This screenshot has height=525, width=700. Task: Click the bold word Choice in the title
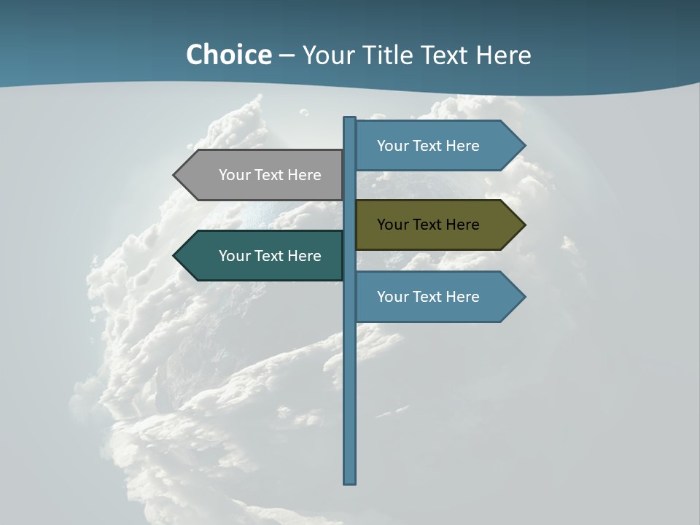(228, 55)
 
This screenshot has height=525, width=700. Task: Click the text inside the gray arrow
(270, 175)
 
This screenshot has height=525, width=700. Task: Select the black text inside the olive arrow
(428, 225)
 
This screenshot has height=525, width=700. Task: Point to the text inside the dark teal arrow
(270, 256)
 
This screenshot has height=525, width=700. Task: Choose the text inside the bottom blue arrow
(428, 297)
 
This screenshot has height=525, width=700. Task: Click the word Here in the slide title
(503, 55)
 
